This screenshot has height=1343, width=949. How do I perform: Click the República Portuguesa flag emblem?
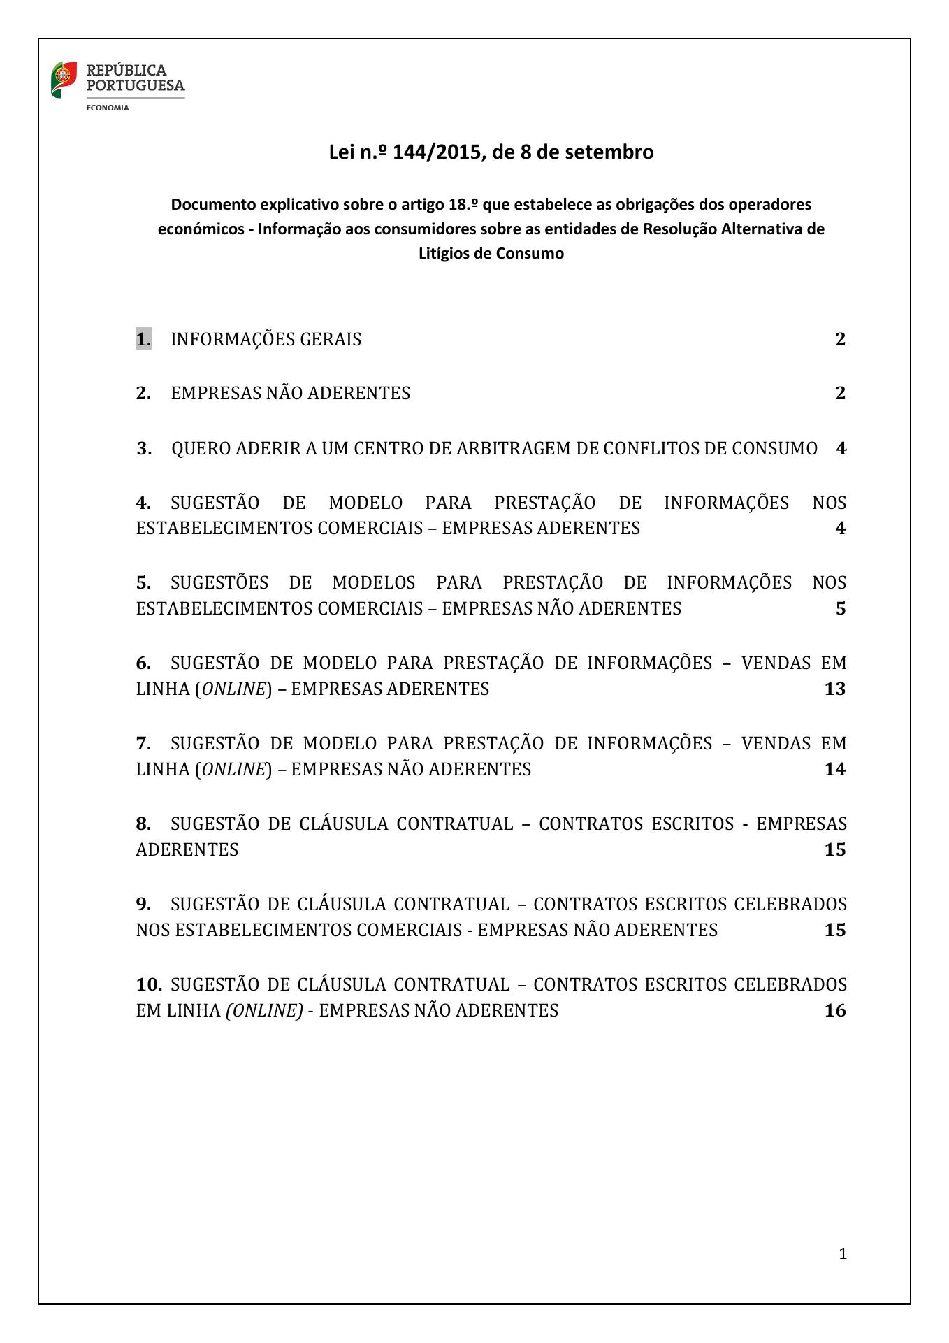pos(64,79)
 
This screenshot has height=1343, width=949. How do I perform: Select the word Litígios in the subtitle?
pos(443,253)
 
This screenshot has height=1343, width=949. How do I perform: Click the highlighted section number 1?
pos(143,339)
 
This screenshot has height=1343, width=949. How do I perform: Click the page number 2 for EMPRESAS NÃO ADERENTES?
pos(840,393)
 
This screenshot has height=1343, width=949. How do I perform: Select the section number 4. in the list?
pos(143,503)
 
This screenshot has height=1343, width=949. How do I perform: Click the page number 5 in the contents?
pos(840,608)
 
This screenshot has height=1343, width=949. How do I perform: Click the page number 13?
pos(835,689)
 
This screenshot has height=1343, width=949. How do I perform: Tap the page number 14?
pos(835,769)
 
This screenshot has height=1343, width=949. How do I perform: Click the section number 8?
pos(143,824)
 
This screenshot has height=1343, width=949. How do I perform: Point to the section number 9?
pos(143,904)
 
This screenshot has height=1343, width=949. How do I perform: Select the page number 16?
pos(835,1010)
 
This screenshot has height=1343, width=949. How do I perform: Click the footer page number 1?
pos(842,1254)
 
